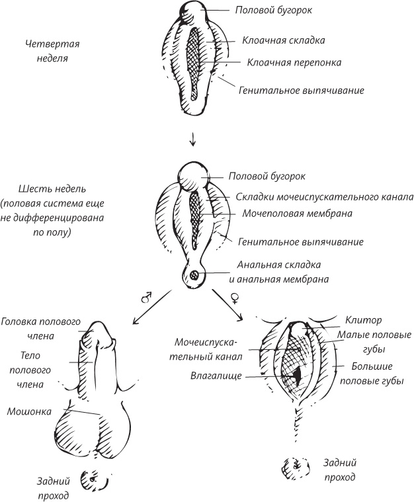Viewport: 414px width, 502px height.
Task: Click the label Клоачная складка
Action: (x=282, y=40)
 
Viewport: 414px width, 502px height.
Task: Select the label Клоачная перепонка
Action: (x=294, y=63)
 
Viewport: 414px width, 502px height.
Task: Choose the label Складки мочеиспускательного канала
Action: (x=324, y=197)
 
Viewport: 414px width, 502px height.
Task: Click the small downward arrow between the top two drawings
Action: (x=192, y=140)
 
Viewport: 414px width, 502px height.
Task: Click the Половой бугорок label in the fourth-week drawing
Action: (x=273, y=11)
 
